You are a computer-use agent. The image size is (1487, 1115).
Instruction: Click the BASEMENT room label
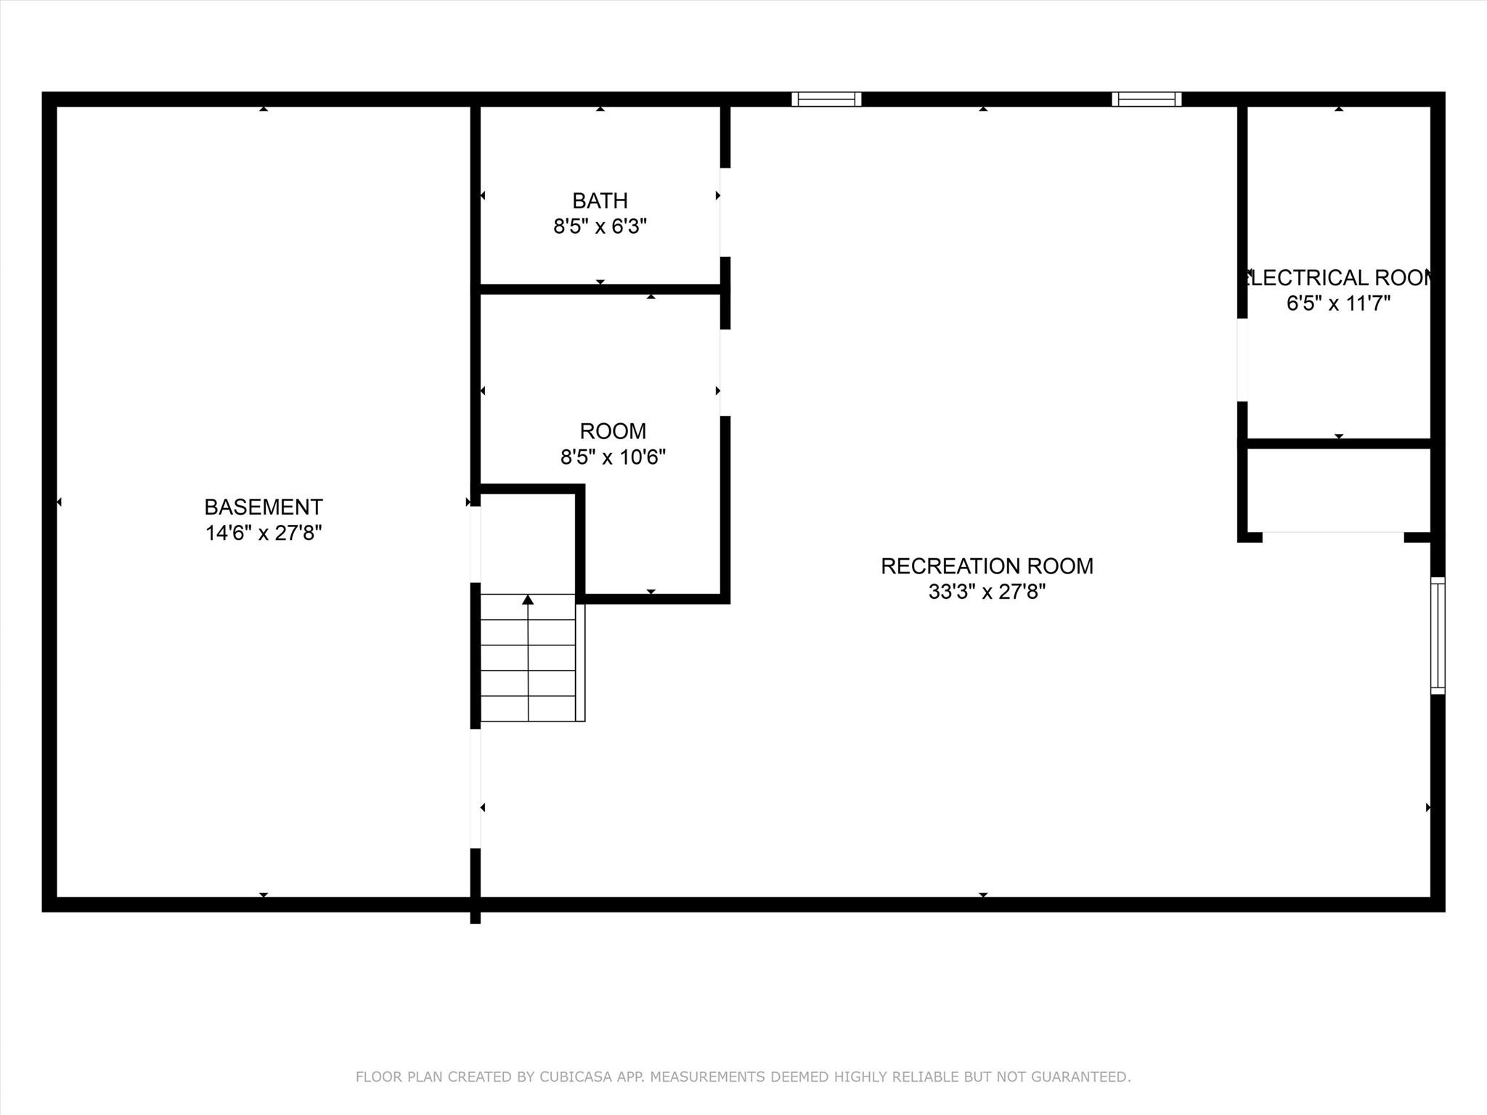pyautogui.click(x=264, y=507)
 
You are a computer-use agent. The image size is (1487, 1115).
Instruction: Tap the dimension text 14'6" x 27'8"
pyautogui.click(x=264, y=533)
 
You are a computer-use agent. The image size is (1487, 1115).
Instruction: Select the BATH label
pyautogui.click(x=600, y=200)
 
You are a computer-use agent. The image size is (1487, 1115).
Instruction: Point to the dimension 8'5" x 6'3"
pyautogui.click(x=600, y=226)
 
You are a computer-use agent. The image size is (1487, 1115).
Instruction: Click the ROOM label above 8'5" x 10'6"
pyautogui.click(x=613, y=431)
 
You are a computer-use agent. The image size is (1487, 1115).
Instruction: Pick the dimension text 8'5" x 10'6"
pyautogui.click(x=613, y=457)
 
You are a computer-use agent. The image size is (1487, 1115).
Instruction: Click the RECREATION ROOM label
pyautogui.click(x=987, y=566)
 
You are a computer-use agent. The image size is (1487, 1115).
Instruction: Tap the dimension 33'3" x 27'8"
pyautogui.click(x=987, y=592)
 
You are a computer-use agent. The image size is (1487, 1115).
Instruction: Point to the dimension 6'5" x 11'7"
pyautogui.click(x=1338, y=303)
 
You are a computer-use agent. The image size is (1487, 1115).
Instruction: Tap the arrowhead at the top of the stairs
pyautogui.click(x=528, y=600)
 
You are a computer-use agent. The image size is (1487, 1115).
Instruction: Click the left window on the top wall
pyautogui.click(x=826, y=99)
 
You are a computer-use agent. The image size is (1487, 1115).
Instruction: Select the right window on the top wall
pyautogui.click(x=1146, y=99)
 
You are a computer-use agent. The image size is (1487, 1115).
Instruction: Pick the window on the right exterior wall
pyautogui.click(x=1438, y=636)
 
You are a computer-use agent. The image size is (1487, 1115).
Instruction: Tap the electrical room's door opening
pyautogui.click(x=1242, y=360)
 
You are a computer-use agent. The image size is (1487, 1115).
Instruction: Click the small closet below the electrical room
pyautogui.click(x=1339, y=491)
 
